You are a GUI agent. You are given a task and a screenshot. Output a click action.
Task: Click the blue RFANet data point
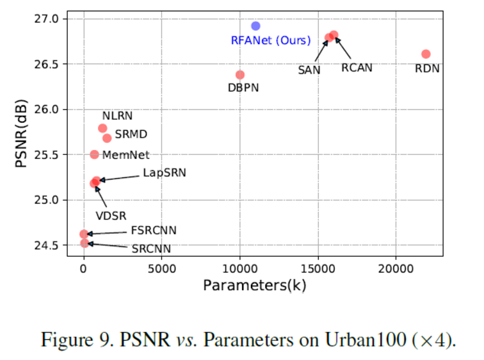pos(255,26)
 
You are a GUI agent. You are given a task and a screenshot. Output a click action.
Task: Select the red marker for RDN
pos(426,54)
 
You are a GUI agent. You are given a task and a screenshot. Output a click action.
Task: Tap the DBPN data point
pos(240,75)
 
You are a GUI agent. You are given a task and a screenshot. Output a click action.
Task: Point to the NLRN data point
pos(102,128)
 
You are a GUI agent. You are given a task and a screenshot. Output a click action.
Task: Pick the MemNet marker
pos(94,154)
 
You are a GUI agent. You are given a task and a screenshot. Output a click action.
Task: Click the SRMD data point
pos(107,138)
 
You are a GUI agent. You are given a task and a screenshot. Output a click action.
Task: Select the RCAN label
pos(356,67)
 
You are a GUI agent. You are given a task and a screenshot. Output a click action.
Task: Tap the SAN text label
pos(309,70)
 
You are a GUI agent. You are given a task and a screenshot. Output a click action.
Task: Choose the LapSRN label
pos(165,172)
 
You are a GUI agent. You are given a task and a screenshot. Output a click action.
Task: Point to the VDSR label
pos(111,216)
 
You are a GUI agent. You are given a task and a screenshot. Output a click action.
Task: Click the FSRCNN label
pos(154,231)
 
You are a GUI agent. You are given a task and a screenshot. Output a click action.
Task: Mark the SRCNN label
pos(151,248)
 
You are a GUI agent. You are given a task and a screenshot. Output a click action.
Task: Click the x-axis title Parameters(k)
pos(255,286)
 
